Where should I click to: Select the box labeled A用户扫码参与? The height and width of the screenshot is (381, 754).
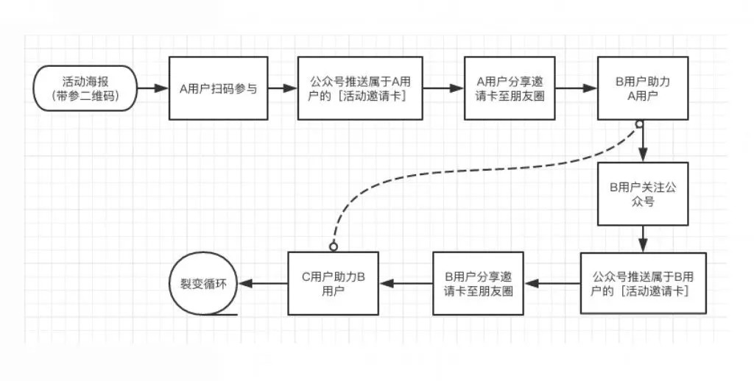coord(219,88)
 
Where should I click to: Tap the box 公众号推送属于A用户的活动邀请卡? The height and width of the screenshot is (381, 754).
coord(359,88)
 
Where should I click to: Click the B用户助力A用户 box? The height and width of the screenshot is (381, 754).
coord(644,88)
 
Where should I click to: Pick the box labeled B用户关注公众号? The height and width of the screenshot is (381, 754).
coord(644,194)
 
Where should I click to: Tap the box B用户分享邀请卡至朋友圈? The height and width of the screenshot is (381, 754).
coord(479,284)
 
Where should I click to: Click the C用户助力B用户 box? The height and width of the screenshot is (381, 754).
coord(334,284)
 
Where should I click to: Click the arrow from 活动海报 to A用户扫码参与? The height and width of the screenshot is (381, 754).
coord(153,88)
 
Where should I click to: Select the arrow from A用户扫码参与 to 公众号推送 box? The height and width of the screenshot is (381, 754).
coord(281,88)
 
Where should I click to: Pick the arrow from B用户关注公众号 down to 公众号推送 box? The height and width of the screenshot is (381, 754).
coord(644,238)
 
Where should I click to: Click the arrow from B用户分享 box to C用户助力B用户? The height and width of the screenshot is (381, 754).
coord(406,284)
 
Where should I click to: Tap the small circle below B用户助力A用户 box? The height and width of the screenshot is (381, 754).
coord(640,124)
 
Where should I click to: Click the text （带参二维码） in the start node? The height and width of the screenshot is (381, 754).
coord(85,96)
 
